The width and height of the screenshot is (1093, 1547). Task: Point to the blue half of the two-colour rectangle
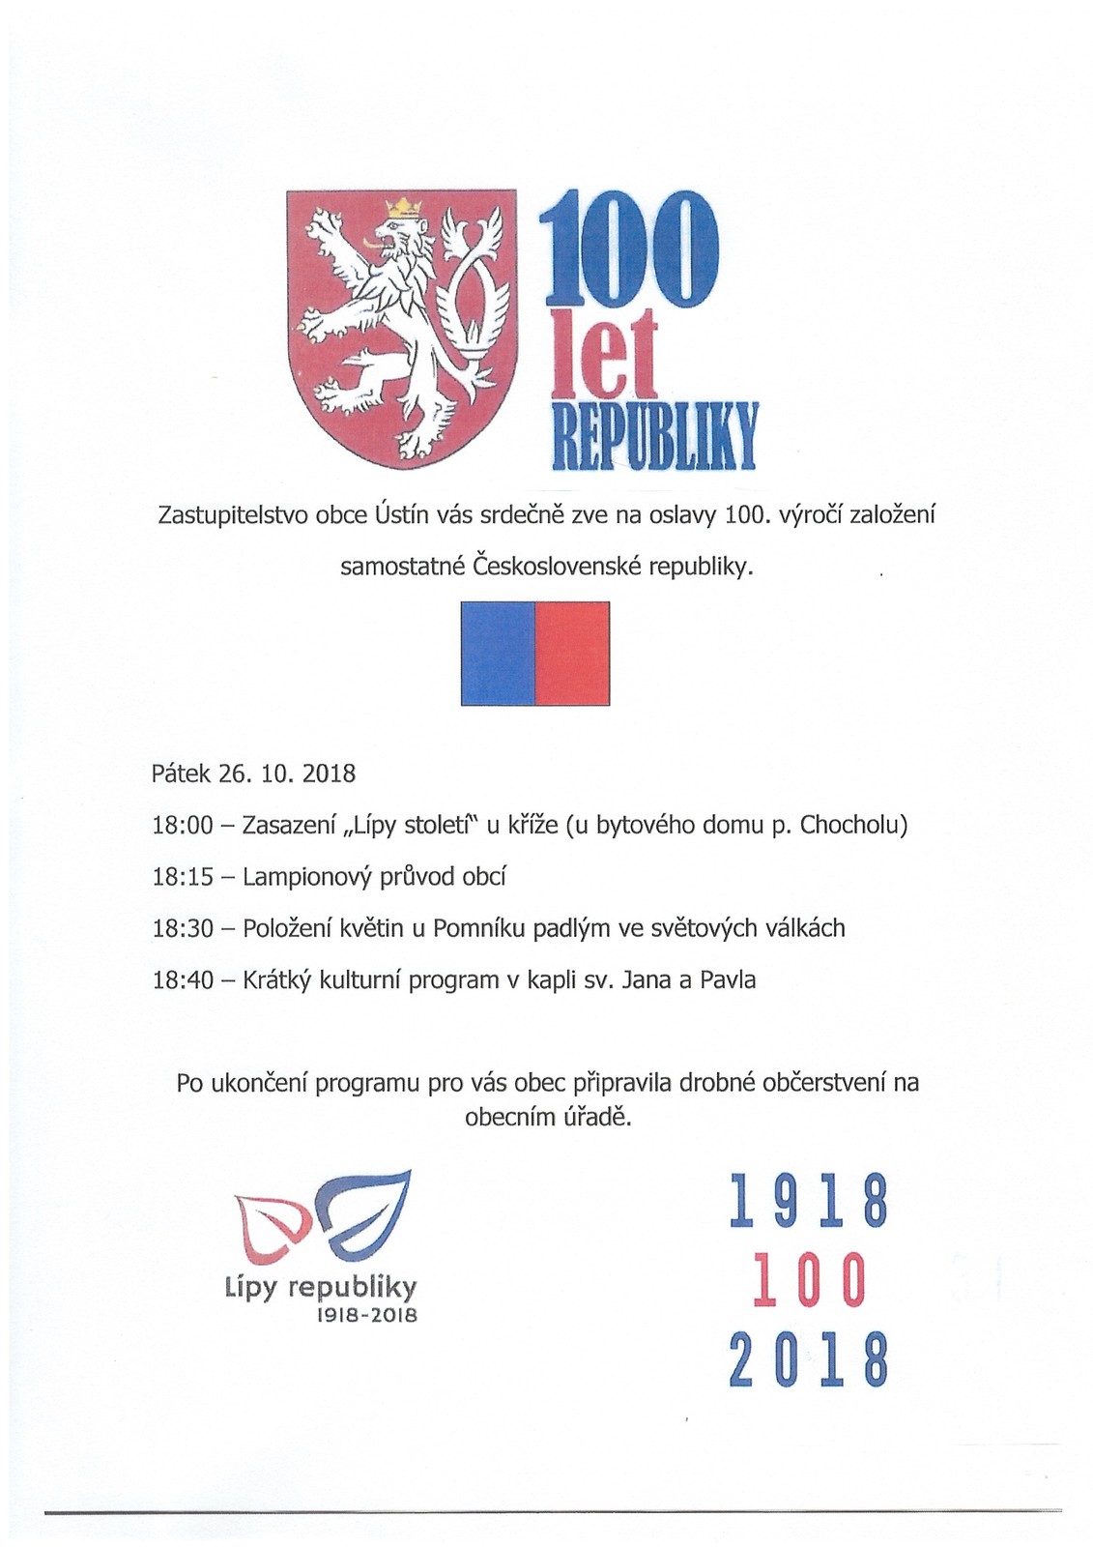498,654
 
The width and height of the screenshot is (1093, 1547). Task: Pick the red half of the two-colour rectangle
572,654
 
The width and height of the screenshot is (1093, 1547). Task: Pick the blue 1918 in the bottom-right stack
808,1202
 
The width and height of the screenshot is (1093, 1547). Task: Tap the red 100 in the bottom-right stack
808,1280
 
